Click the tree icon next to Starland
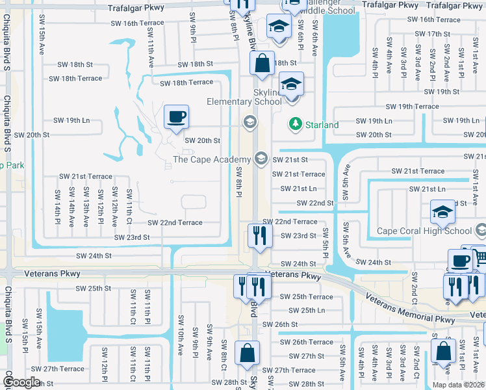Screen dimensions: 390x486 296,123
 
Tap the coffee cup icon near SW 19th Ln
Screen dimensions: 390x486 176,118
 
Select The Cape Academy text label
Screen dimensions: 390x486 212,160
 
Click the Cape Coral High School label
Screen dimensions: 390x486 425,231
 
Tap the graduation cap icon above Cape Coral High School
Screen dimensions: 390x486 442,212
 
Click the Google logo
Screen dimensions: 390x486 21,382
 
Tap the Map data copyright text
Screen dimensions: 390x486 458,385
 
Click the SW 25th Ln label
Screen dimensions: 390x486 302,311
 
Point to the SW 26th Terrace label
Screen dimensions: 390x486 306,342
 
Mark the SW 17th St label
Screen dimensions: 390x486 429,34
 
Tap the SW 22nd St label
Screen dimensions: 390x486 315,203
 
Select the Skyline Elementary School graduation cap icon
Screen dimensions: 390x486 291,84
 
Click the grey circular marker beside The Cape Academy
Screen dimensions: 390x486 261,158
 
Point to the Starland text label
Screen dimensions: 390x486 322,125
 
